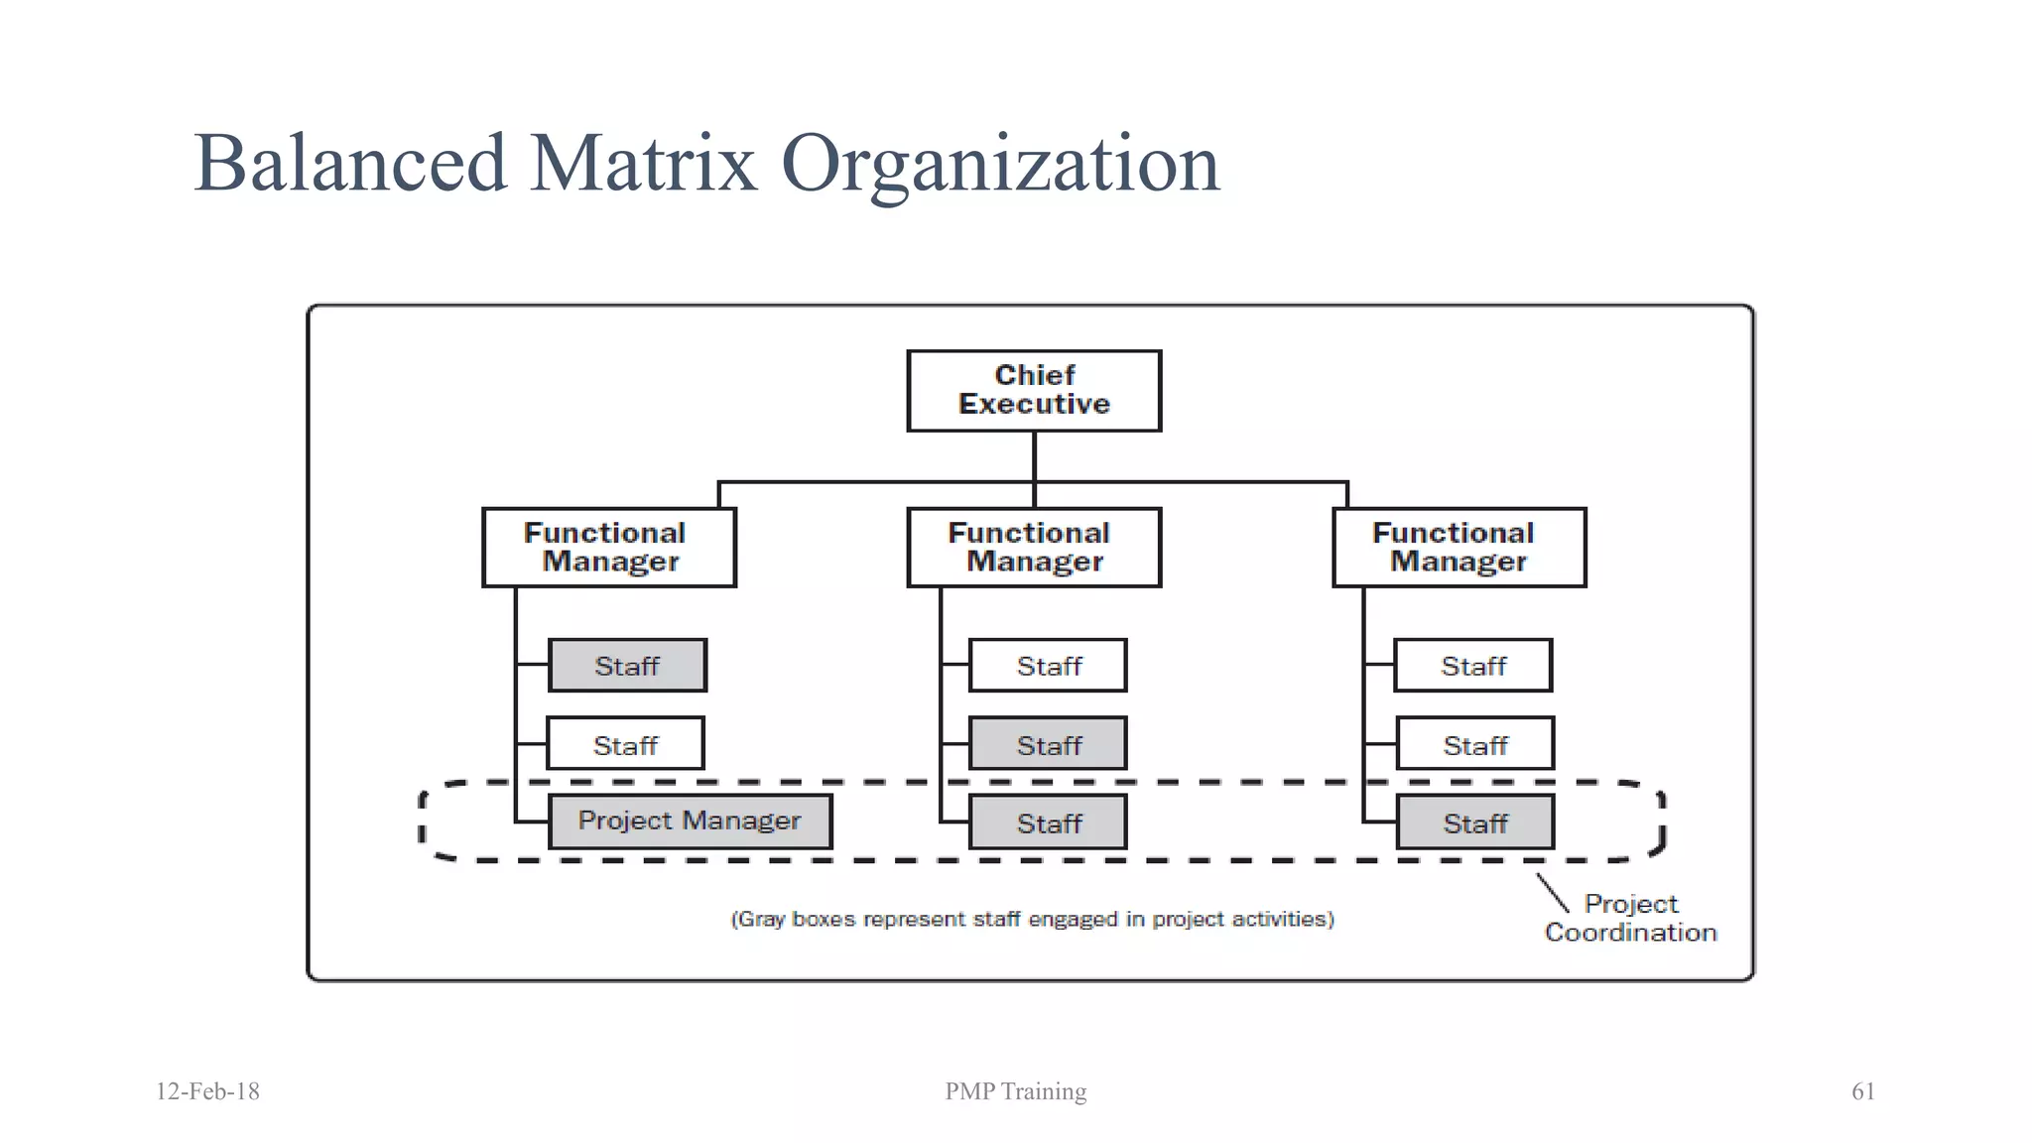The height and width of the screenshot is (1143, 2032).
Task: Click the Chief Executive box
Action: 1034,390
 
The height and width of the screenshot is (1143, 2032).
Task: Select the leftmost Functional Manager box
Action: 608,548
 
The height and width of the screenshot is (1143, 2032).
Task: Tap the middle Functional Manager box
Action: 1034,548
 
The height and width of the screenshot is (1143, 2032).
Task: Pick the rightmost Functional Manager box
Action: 1459,548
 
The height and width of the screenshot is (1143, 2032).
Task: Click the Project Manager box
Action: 690,822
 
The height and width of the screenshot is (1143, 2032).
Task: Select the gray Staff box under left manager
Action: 627,666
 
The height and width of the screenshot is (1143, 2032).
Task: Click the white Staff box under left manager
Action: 625,744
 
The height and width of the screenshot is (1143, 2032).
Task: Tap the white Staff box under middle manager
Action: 1048,666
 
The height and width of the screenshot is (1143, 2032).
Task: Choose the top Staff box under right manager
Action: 1472,666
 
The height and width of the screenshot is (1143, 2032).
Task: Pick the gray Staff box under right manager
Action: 1474,823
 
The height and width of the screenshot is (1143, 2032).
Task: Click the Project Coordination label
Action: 1630,918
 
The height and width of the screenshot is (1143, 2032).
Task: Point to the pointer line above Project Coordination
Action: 1552,892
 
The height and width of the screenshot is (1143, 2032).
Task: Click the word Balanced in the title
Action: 350,164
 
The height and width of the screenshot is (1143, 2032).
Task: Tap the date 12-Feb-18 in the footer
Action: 207,1091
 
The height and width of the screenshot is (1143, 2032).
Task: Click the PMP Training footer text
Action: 1015,1091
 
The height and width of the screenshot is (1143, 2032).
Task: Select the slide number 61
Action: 1862,1091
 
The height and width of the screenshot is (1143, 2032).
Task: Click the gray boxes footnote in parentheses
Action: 1032,919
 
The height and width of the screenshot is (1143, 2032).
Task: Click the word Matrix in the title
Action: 644,164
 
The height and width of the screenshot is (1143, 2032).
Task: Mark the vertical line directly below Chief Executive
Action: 1034,456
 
